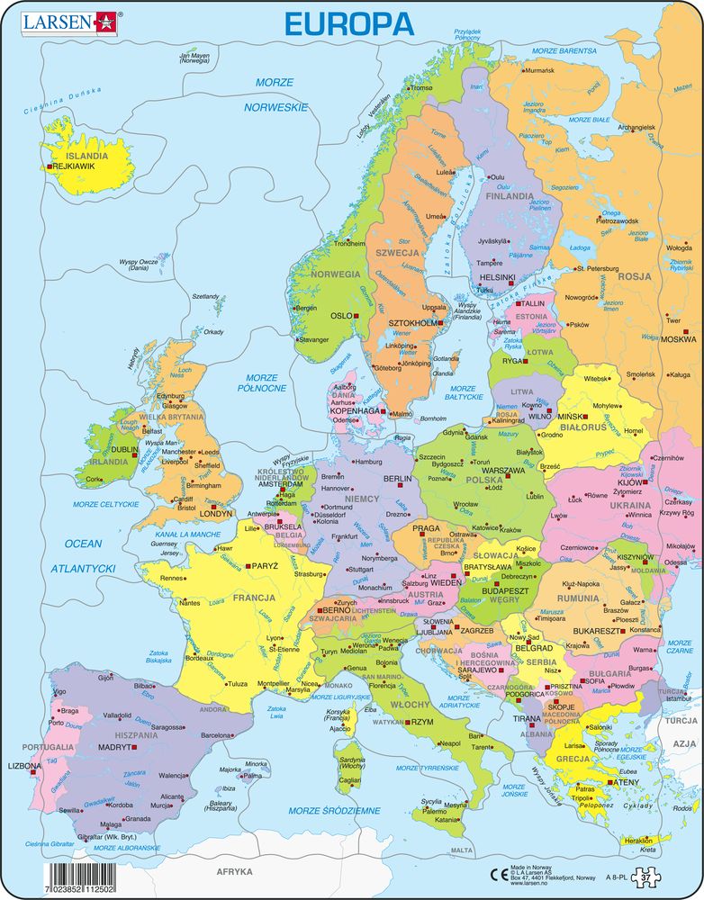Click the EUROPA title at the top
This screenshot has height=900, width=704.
[349, 22]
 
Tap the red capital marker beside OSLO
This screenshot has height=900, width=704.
[357, 317]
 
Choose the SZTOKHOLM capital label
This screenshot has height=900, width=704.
[412, 322]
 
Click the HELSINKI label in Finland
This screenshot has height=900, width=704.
[498, 278]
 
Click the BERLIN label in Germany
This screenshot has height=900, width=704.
[397, 480]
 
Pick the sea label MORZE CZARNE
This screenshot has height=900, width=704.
[680, 645]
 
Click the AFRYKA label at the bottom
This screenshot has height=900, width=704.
[234, 871]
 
